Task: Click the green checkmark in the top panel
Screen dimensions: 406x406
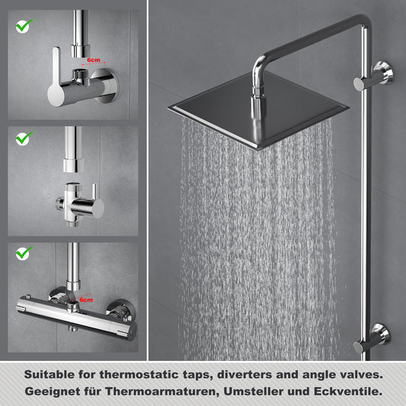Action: pos(24,26)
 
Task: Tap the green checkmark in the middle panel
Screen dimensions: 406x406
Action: pos(24,139)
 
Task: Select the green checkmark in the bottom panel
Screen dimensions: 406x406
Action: pos(24,253)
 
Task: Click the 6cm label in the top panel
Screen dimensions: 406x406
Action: pos(94,60)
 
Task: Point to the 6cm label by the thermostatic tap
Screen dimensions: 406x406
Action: pos(86,300)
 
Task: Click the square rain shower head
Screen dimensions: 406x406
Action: pos(258,110)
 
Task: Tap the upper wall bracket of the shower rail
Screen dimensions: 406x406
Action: pos(374,76)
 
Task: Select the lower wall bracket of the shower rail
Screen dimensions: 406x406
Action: pos(372,338)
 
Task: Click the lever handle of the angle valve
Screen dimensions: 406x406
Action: pos(56,78)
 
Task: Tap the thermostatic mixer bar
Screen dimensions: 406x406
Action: pos(77,318)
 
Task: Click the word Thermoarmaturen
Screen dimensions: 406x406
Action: pos(160,392)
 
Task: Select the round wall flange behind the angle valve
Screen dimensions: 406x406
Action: pos(106,85)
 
